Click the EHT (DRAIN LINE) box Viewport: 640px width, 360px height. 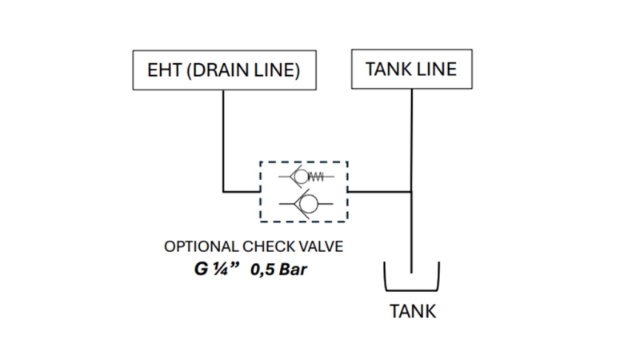223,70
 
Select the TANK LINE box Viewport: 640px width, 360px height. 410,70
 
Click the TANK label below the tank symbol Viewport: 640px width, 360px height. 412,312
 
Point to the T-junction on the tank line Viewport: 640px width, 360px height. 411,191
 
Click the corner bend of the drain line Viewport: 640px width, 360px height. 223,191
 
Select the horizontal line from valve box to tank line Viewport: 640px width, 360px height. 380,191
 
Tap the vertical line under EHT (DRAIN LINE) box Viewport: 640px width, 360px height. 223,136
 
